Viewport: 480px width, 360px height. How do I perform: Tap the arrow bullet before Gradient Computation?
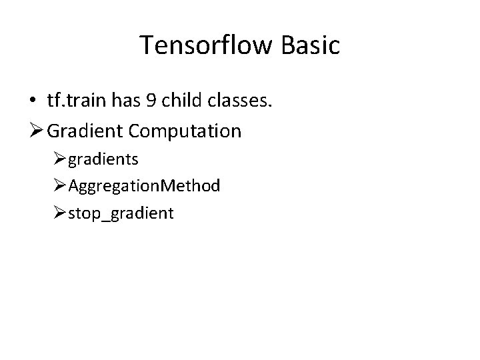[x=35, y=131]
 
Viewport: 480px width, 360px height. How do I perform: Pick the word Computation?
[x=185, y=131]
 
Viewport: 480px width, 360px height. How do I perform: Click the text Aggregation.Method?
[x=144, y=186]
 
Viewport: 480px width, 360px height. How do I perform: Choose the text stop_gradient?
[x=121, y=213]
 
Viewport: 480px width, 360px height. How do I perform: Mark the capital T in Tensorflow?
[x=147, y=45]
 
